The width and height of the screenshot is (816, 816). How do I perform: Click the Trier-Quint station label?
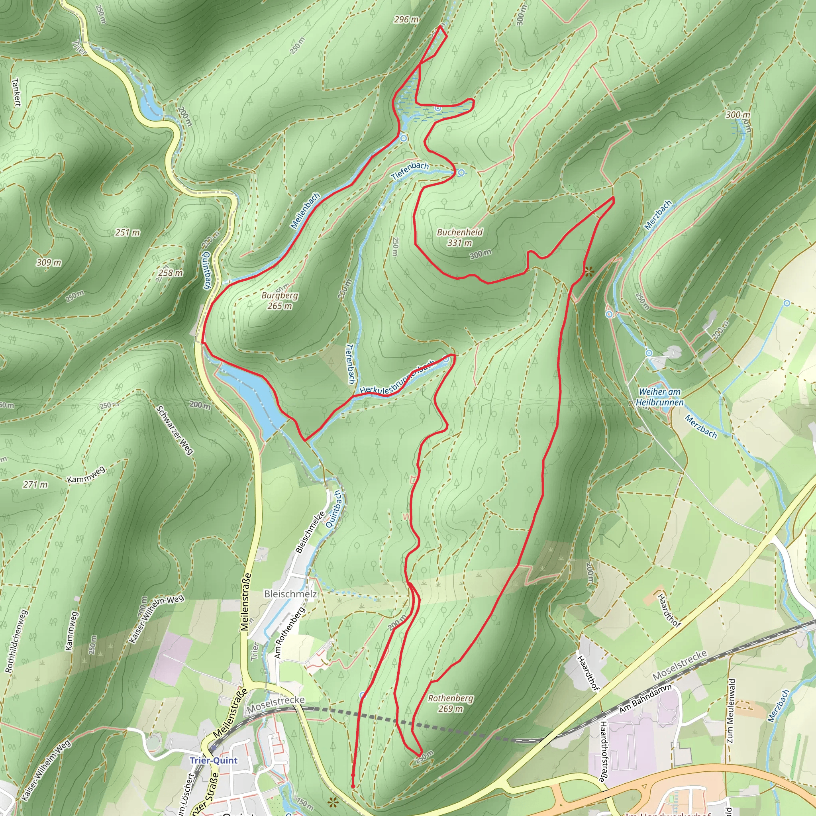click(213, 761)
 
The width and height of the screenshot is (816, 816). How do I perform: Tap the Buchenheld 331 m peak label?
click(459, 237)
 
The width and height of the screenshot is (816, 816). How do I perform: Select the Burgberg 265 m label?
click(280, 300)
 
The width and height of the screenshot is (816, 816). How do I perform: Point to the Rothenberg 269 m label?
click(451, 703)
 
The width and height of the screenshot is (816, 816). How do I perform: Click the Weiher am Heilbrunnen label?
click(659, 397)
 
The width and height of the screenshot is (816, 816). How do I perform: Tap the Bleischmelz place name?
click(290, 593)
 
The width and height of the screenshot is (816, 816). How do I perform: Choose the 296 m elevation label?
click(406, 20)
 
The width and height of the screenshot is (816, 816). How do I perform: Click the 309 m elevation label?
click(49, 263)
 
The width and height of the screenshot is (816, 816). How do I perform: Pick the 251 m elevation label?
click(127, 232)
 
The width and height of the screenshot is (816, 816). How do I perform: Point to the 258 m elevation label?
click(171, 273)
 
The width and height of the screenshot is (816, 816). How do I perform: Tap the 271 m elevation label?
click(35, 484)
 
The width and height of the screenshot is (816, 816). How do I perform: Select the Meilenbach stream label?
click(305, 211)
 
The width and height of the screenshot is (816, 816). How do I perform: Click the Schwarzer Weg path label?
click(175, 430)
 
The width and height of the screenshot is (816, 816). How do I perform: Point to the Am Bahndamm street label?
click(645, 700)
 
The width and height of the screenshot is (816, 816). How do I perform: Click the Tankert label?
click(16, 92)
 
